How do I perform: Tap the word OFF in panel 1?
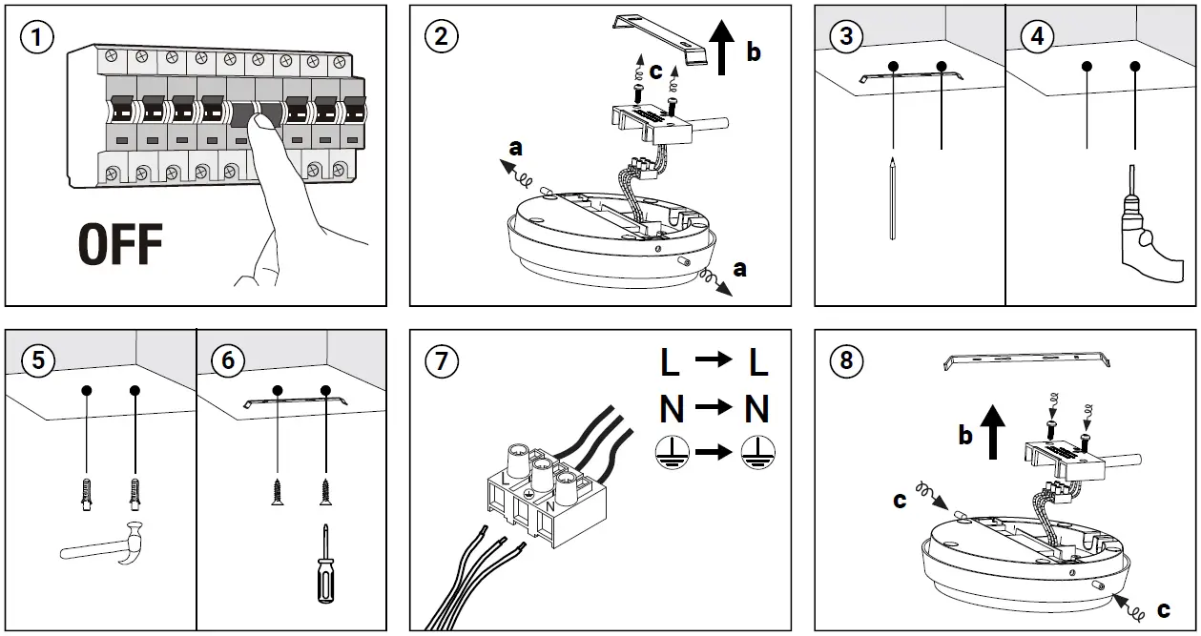pos(120,244)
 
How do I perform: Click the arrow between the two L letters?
pos(713,362)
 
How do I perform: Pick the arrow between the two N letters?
pos(714,409)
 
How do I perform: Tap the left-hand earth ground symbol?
pos(673,452)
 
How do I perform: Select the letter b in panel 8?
pos(964,437)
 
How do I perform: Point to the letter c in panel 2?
pos(654,72)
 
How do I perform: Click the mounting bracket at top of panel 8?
pos(1026,360)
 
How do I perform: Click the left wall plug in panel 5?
pos(87,494)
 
